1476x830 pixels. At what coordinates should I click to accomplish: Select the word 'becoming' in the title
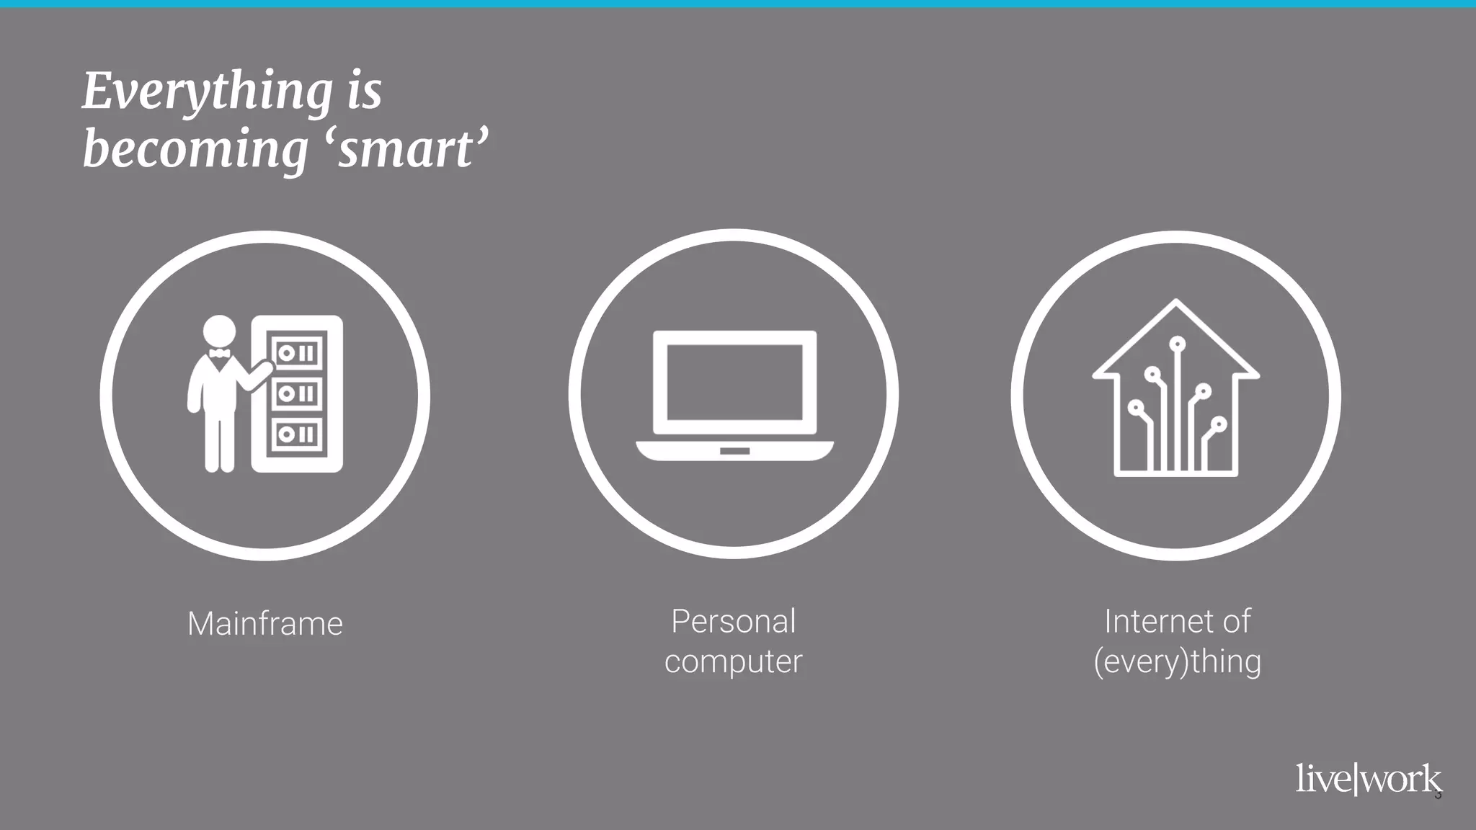tap(195, 149)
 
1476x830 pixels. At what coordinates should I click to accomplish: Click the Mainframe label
tap(264, 624)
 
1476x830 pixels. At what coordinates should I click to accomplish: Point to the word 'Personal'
tap(733, 622)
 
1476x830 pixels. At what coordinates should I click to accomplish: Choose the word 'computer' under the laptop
tap(733, 661)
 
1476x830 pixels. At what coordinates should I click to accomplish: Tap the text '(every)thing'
tap(1177, 661)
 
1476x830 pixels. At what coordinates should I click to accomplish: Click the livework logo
tap(1367, 780)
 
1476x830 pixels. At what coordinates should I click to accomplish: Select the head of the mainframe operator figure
tap(219, 332)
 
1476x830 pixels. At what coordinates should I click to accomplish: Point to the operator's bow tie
tap(219, 353)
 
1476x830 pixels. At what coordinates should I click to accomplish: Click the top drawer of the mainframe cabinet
tap(296, 353)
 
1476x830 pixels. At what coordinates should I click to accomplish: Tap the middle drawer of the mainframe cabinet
tap(296, 393)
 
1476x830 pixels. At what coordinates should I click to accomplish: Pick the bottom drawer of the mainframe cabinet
tap(296, 434)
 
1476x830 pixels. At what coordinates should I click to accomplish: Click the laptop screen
tap(734, 382)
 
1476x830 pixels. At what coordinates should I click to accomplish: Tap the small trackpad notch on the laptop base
tap(734, 451)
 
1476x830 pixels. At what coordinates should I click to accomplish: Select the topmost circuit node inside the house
tap(1178, 344)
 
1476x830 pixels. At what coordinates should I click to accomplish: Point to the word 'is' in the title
tap(364, 92)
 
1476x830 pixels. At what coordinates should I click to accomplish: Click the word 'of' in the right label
tap(1235, 622)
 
